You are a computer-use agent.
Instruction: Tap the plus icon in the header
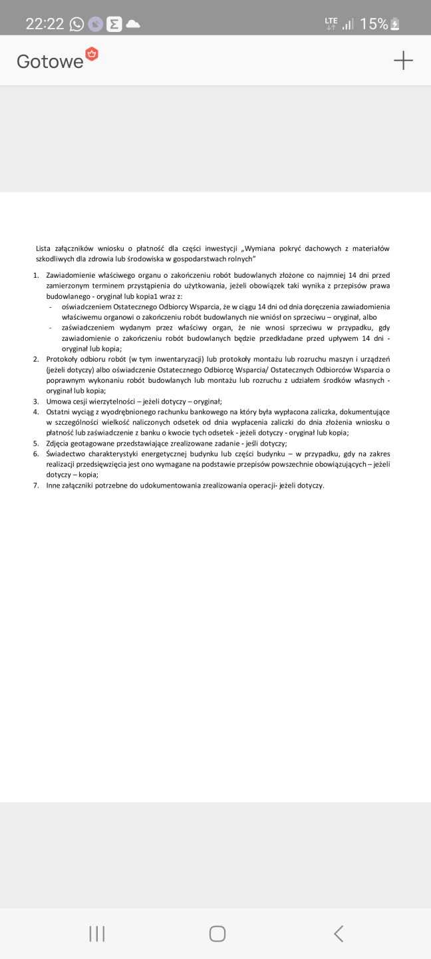(x=403, y=61)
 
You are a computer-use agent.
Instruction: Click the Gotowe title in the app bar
(x=50, y=61)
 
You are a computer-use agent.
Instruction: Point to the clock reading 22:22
(x=45, y=24)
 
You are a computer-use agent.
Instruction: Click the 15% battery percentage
(x=374, y=24)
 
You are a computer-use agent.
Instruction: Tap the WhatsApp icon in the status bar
(x=77, y=25)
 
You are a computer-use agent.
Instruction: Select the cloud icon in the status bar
(x=133, y=24)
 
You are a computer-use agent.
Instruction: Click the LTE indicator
(x=331, y=23)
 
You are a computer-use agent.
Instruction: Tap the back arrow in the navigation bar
(x=339, y=934)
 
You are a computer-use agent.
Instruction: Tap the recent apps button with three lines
(x=97, y=934)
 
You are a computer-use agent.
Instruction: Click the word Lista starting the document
(x=43, y=248)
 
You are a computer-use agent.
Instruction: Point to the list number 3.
(x=37, y=402)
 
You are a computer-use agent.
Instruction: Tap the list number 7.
(x=37, y=485)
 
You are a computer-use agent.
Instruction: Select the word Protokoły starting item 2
(x=63, y=359)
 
